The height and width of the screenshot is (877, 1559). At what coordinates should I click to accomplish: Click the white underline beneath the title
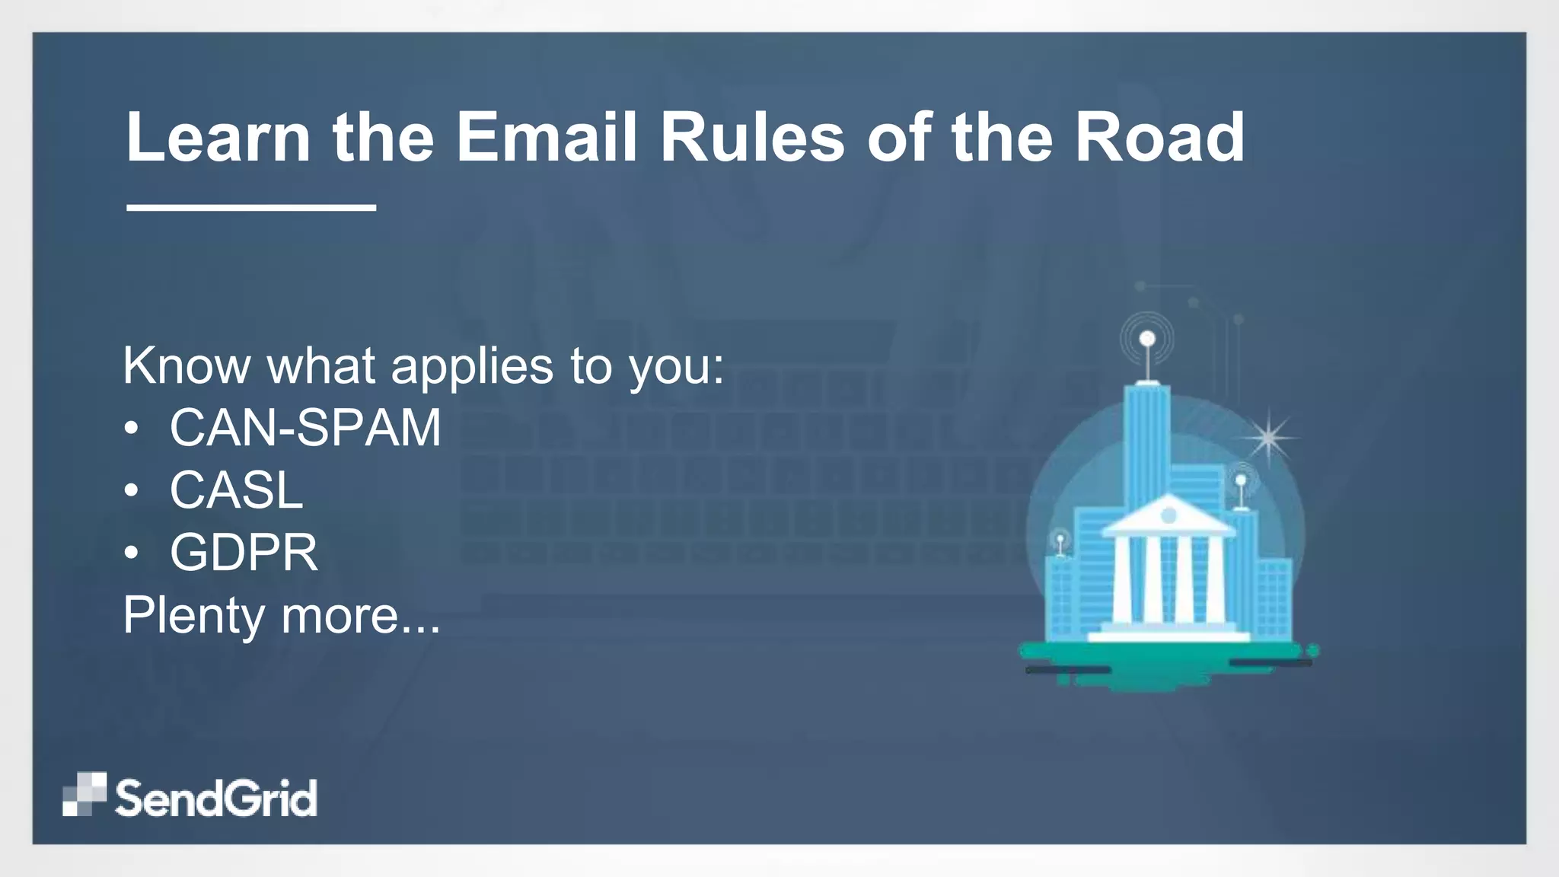tap(251, 207)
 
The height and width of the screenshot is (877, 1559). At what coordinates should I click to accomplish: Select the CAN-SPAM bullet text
tap(305, 428)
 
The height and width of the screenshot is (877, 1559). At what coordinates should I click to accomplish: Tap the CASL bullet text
tap(236, 490)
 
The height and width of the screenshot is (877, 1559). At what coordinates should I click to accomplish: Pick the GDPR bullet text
tap(244, 553)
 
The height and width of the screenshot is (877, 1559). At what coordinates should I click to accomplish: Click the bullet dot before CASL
tap(132, 491)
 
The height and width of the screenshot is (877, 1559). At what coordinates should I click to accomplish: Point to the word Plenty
tap(193, 615)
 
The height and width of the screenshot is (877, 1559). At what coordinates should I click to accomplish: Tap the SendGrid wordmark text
tap(216, 798)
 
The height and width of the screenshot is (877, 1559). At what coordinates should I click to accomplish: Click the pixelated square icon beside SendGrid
tap(84, 794)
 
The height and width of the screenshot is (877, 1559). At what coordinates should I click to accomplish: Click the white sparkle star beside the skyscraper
tap(1268, 437)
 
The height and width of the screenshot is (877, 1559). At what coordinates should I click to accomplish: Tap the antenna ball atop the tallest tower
tap(1147, 339)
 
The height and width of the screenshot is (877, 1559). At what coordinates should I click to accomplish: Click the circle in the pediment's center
tap(1168, 516)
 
